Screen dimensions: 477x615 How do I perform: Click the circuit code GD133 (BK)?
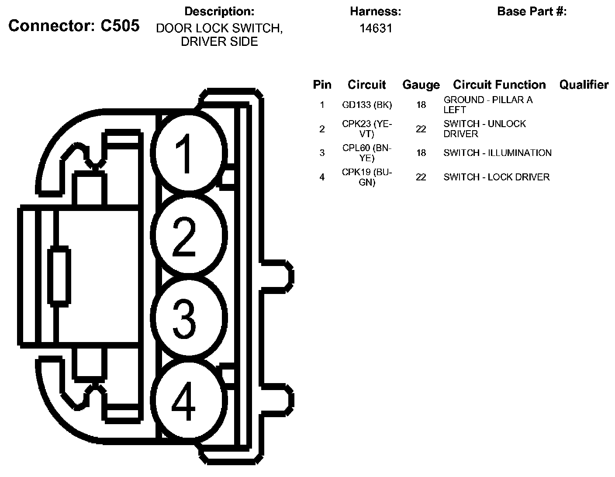[x=367, y=105]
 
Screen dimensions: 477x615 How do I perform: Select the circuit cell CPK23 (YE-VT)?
[x=367, y=129]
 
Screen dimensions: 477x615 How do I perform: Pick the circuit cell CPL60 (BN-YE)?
[x=367, y=153]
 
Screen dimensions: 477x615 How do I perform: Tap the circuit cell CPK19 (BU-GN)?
[x=367, y=177]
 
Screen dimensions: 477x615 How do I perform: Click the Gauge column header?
[x=421, y=85]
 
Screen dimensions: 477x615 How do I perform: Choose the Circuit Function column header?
[x=499, y=84]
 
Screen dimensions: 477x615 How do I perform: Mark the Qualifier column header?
[x=584, y=84]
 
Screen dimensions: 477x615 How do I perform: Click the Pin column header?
[x=322, y=84]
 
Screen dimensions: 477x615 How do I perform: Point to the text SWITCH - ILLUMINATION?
[x=497, y=153]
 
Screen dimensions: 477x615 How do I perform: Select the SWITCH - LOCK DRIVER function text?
[x=496, y=177]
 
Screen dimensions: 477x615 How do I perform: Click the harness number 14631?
[x=376, y=28]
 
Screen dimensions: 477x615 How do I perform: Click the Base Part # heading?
[x=532, y=11]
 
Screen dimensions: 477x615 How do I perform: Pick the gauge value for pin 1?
[x=421, y=105]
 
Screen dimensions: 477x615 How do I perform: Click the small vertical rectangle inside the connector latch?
[x=59, y=275]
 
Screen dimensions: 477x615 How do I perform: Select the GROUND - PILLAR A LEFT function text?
[x=487, y=105]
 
